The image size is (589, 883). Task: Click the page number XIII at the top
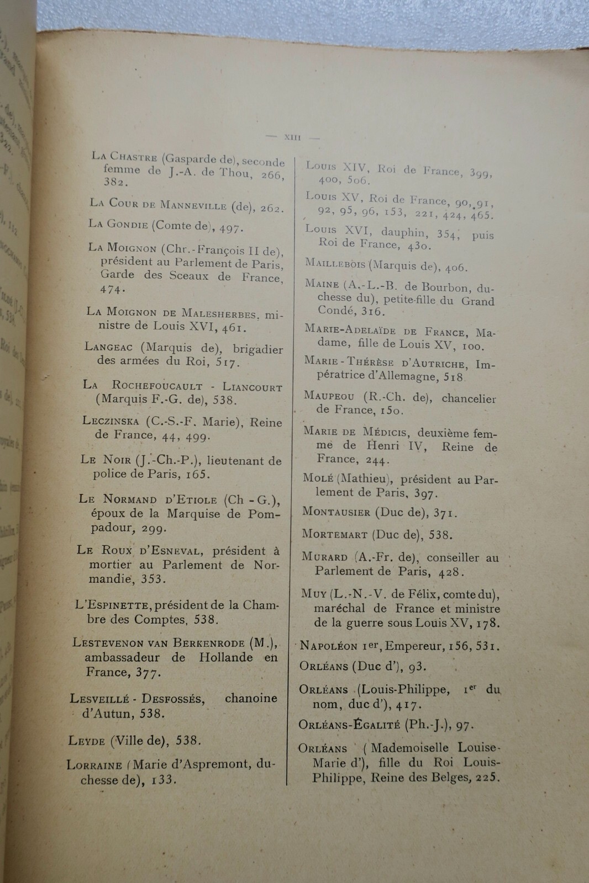292,137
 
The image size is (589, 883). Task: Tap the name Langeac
110,347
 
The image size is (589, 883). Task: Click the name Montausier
336,512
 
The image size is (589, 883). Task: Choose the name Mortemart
334,534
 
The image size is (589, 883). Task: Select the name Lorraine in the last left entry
94,765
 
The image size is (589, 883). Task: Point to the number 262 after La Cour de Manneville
271,209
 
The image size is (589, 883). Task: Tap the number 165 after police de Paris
198,474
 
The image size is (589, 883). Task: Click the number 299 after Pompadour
154,528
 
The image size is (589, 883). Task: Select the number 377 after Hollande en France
148,672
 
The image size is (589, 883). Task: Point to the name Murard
324,557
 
